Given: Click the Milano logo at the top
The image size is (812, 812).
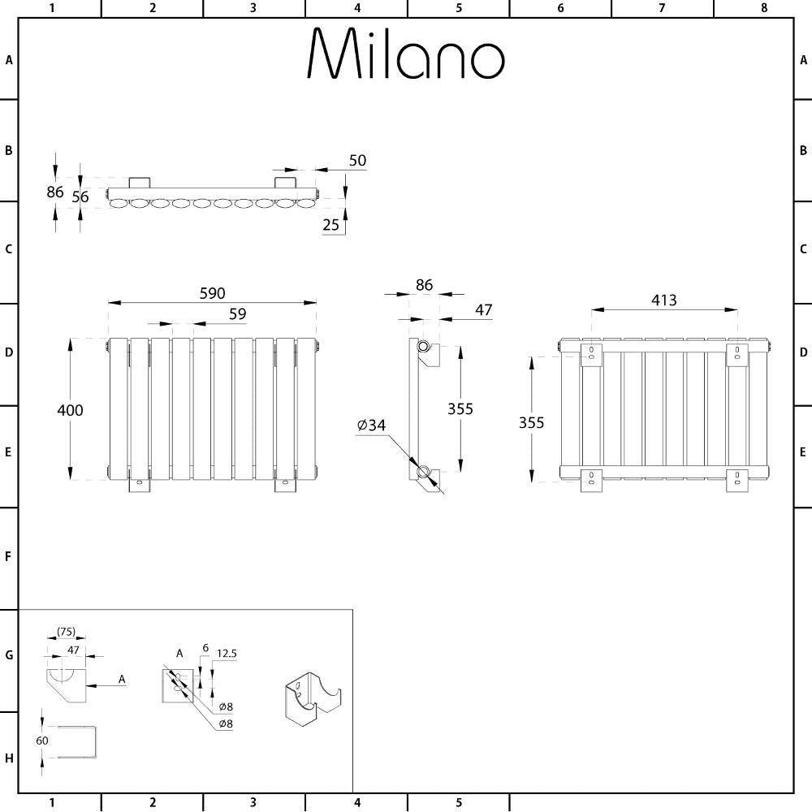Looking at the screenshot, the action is coord(406,53).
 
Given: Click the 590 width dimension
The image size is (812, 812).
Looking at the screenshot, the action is coord(212,293).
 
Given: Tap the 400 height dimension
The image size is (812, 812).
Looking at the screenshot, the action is coord(70,410).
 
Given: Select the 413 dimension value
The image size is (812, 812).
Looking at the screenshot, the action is coord(664,300).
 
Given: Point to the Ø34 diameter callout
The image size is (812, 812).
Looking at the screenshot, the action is coord(371,425).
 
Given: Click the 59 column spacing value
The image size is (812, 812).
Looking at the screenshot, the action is coord(238,313).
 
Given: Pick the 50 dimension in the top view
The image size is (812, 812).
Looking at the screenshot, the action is coord(357,161).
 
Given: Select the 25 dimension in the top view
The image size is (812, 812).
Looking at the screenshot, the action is coord(330,225).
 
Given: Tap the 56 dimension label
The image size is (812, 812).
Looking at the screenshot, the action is coord(80,197).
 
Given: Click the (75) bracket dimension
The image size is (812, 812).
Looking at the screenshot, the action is coord(67,631).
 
